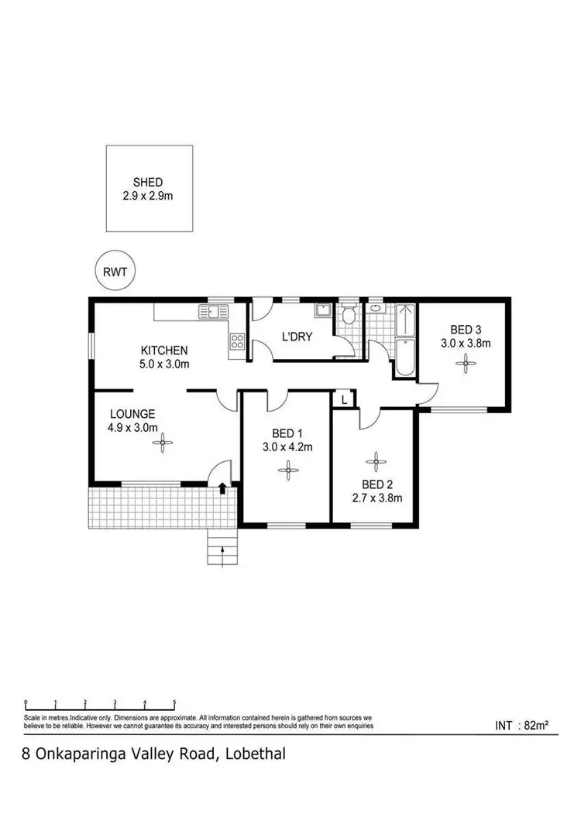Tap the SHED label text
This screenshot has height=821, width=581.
[147, 182]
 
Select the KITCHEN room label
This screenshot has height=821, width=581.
[163, 351]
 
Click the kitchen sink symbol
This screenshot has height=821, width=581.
[214, 312]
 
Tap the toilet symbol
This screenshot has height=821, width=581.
[348, 315]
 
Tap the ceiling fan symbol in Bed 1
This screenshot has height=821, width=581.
[287, 467]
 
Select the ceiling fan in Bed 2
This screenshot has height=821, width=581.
[376, 462]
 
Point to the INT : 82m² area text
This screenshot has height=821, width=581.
[521, 726]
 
